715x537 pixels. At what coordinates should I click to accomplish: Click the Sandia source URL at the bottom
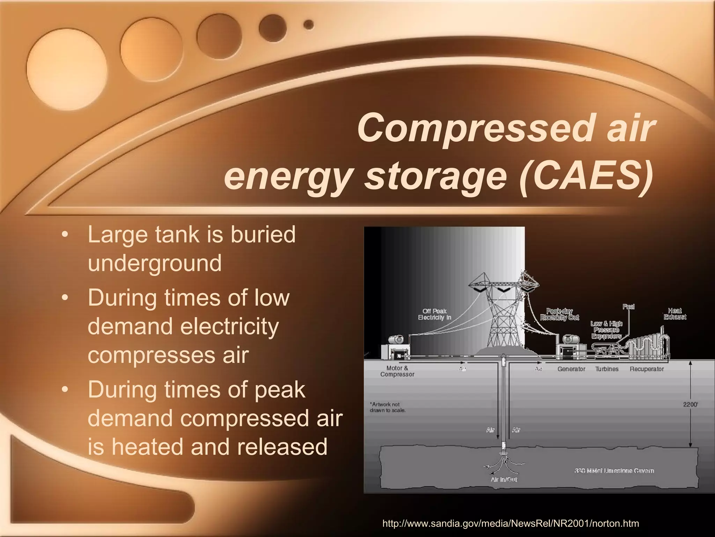[511, 523]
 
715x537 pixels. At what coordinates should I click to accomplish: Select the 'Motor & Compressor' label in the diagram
[397, 371]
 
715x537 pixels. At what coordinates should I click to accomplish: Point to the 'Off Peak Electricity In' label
[435, 314]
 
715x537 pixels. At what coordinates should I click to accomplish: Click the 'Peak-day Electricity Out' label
[559, 314]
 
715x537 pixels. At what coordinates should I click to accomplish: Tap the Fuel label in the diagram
[628, 307]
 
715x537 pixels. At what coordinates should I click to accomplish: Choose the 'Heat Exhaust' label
[675, 314]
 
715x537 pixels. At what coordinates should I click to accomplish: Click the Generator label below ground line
[571, 369]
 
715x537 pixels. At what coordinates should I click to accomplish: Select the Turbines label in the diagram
[607, 369]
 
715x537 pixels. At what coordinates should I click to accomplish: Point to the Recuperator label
[647, 369]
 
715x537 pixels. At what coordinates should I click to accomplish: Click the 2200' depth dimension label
[690, 404]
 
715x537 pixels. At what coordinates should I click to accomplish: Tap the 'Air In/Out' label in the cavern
[504, 479]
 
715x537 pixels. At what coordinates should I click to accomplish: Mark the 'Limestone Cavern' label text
[614, 471]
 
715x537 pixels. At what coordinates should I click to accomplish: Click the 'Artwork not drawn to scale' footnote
[388, 407]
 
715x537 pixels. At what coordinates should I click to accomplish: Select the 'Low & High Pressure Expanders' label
[606, 330]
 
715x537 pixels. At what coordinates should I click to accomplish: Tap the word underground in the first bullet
[155, 263]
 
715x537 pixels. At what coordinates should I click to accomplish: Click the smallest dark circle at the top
[308, 24]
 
